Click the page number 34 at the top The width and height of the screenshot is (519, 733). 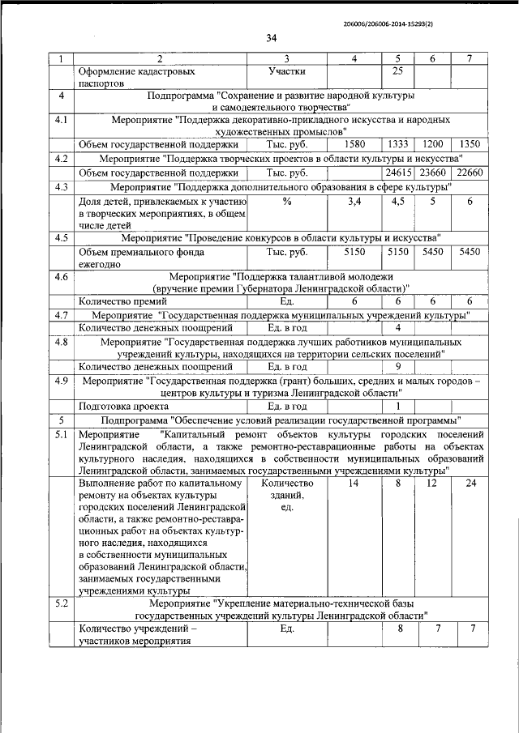point(271,39)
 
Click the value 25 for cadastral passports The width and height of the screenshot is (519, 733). point(397,71)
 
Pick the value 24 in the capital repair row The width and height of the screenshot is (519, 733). point(470,484)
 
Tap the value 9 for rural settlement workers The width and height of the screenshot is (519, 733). point(397,366)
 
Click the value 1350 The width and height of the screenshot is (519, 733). point(470,144)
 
